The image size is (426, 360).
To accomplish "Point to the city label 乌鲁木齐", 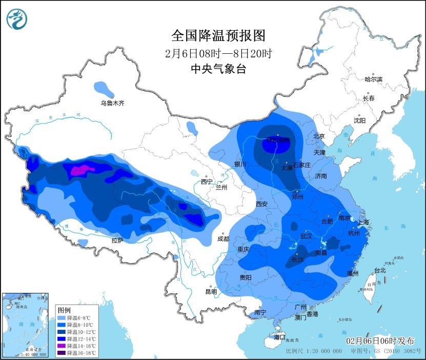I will point(112,103).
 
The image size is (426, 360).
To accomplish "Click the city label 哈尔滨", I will point(373,79).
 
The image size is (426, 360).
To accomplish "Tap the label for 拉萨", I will point(117,240).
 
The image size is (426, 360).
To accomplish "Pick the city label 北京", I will point(319,136).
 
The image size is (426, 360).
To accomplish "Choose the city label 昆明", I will point(211,291).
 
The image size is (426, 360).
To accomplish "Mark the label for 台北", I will point(379,270).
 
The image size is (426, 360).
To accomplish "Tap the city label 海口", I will point(279,337).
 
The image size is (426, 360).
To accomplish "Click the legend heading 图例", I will point(64,310).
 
